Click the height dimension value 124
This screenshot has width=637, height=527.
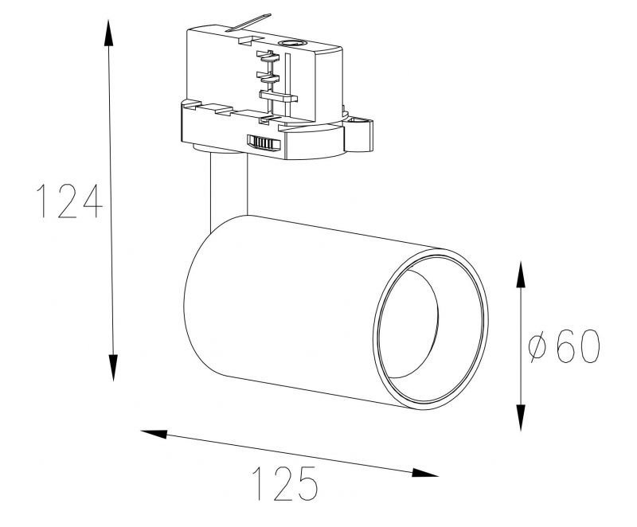70,201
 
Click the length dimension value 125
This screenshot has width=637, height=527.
286,483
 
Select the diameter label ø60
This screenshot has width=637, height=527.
564,347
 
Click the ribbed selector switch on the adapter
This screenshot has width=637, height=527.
265,142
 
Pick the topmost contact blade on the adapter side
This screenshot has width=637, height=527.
268,56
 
